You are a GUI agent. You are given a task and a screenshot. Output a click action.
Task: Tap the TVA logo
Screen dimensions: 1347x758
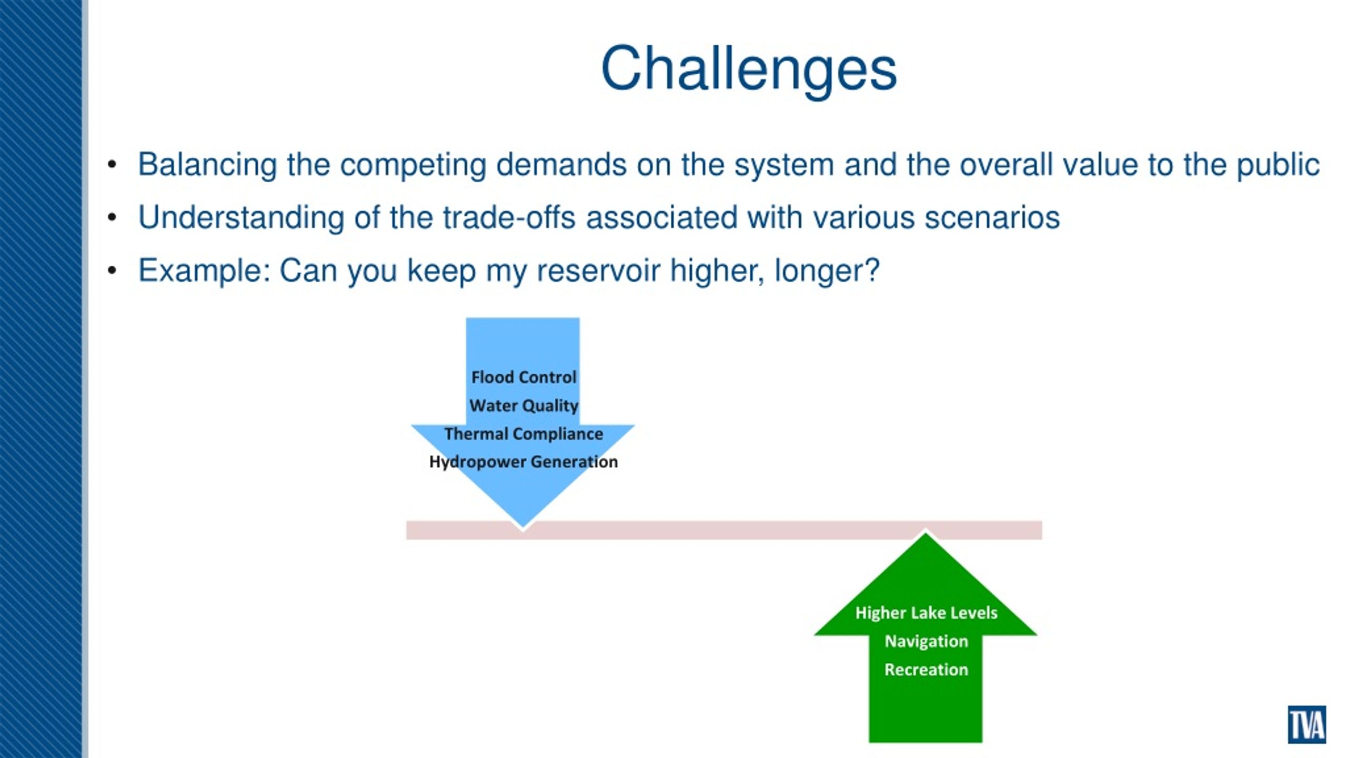(x=1306, y=724)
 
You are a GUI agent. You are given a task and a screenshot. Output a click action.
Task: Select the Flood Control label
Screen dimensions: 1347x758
(x=524, y=377)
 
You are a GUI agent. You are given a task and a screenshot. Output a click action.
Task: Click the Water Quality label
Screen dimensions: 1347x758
(x=524, y=406)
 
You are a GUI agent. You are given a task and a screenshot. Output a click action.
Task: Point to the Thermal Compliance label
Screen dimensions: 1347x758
(x=524, y=434)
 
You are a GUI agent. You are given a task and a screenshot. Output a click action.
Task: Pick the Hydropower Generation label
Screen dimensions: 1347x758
(x=524, y=462)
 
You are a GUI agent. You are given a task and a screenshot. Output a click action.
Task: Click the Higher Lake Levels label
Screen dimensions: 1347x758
(x=926, y=613)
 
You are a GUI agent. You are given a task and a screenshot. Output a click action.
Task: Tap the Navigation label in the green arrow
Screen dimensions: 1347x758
(x=926, y=641)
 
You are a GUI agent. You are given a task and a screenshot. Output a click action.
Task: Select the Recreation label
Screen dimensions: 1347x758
(x=926, y=669)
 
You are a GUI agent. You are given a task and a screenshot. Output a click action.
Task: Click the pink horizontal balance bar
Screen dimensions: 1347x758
(x=724, y=530)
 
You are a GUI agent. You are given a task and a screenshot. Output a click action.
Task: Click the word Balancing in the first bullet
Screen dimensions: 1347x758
(x=207, y=165)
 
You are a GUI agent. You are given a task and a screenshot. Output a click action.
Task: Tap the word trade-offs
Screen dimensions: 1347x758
(x=509, y=217)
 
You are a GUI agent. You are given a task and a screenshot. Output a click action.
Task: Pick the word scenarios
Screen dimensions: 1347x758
(x=992, y=218)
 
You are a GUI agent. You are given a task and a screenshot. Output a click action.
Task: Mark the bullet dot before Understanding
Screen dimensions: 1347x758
(x=112, y=217)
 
